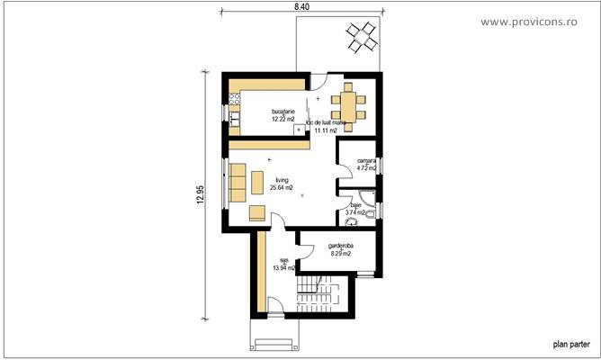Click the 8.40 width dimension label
[x=302, y=6]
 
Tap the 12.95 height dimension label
[x=199, y=196]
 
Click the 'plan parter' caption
[x=570, y=344]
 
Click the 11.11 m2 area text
[x=325, y=130]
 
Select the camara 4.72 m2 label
[x=365, y=165]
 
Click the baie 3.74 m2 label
[x=356, y=209]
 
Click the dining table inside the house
[x=348, y=103]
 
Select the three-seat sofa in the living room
[x=238, y=183]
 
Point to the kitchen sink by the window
[x=236, y=116]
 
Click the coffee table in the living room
[x=258, y=183]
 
